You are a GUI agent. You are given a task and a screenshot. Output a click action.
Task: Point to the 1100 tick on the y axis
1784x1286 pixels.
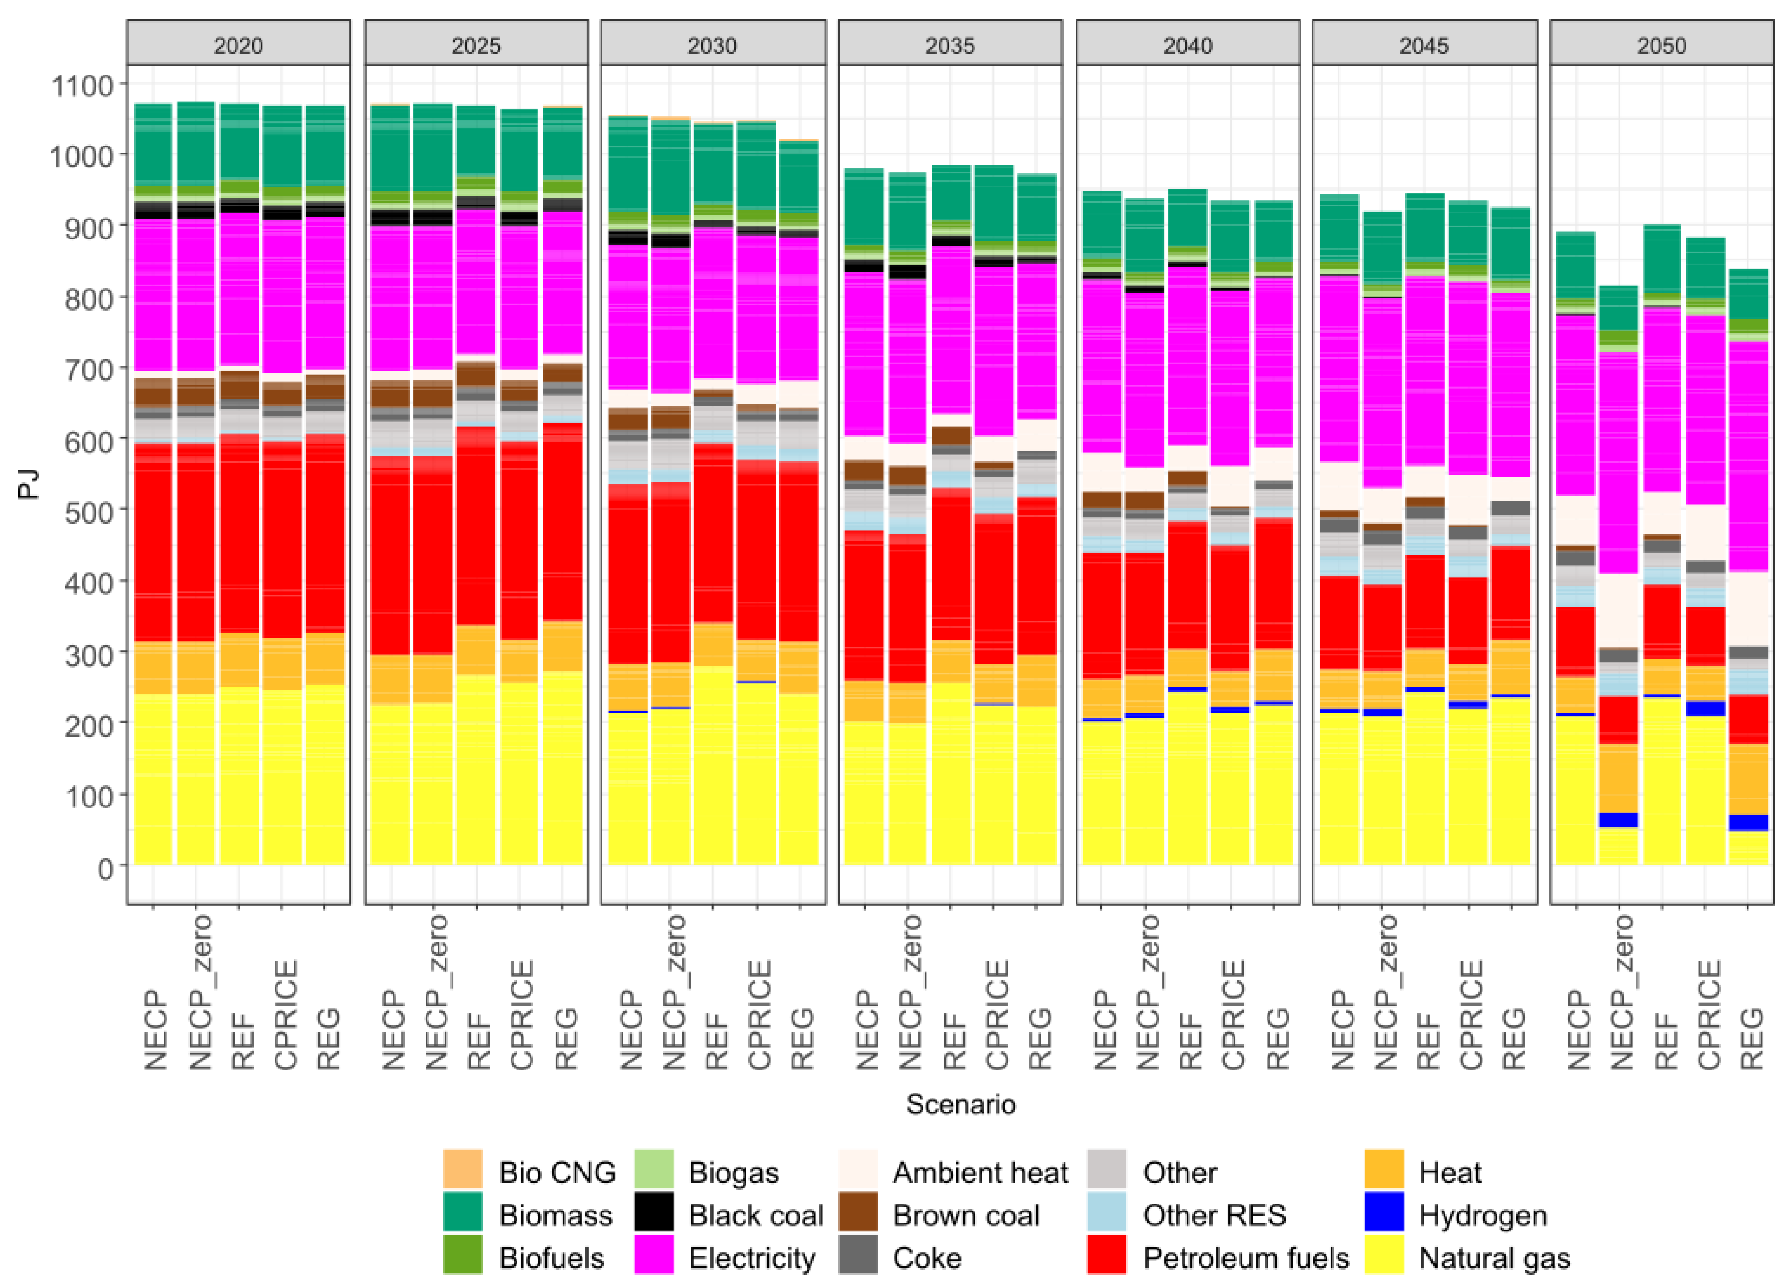click(82, 85)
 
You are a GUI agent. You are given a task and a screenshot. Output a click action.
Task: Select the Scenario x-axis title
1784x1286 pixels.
click(960, 1104)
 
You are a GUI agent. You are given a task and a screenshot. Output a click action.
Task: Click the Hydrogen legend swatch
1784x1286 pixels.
click(1385, 1214)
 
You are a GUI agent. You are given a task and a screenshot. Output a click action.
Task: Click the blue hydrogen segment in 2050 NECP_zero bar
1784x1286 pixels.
click(1618, 820)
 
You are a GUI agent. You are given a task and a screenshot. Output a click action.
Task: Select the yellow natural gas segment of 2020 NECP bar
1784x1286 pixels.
click(154, 779)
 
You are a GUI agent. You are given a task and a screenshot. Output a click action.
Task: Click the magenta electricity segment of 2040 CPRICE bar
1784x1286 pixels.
click(1229, 377)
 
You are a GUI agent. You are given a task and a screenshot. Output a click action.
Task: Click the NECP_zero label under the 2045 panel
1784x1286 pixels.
click(1386, 991)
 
